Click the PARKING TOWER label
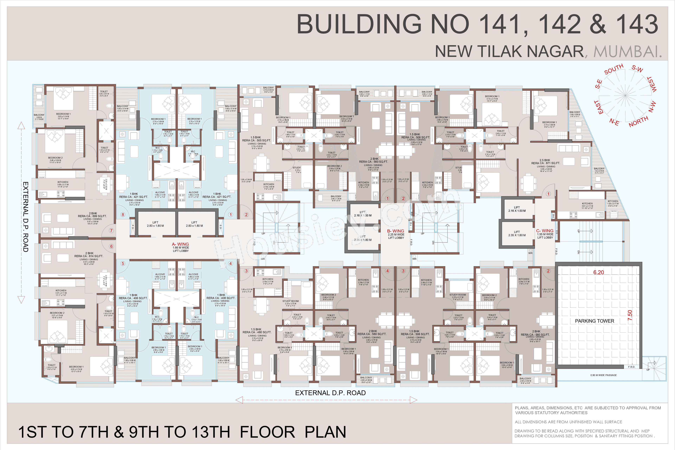(594, 321)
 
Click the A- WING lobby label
(181, 244)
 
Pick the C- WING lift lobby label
(545, 231)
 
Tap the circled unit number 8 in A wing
(123, 215)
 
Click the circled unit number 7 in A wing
(111, 231)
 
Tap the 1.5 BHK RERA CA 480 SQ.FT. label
(257, 331)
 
